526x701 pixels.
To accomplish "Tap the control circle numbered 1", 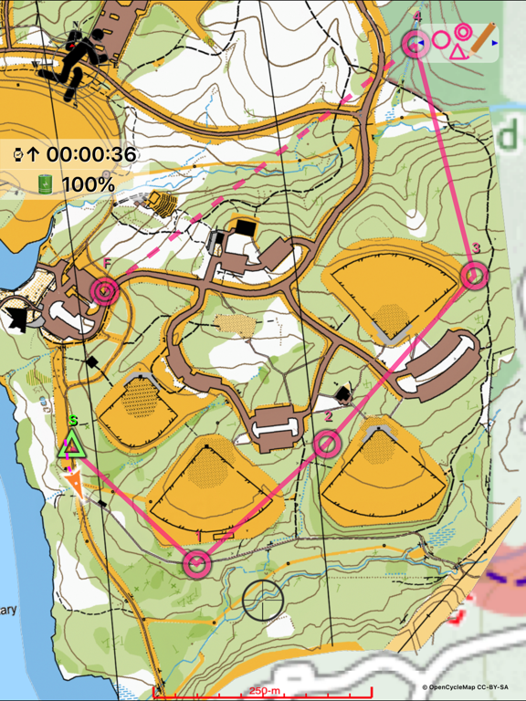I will click(x=195, y=563).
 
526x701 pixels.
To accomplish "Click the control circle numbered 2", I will click(x=328, y=445).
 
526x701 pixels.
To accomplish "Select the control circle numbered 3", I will click(x=474, y=275).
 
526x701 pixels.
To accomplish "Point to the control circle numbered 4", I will click(x=416, y=44).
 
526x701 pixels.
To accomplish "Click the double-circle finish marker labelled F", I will click(x=105, y=291).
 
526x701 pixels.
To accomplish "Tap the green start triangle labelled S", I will click(x=70, y=446).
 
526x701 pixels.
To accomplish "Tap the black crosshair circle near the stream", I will click(x=263, y=600).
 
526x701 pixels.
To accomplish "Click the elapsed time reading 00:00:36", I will click(x=91, y=154).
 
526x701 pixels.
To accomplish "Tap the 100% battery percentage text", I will click(x=88, y=185).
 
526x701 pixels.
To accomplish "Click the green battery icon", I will click(x=45, y=185).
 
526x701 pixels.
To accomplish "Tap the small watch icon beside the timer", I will click(x=17, y=154).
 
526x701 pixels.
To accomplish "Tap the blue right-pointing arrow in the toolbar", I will click(x=495, y=43).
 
